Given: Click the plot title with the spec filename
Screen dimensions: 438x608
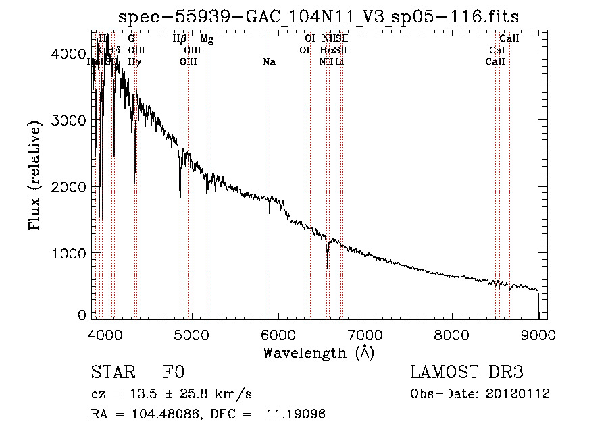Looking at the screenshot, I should click(319, 17).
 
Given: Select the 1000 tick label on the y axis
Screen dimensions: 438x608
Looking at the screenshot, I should click(70, 253).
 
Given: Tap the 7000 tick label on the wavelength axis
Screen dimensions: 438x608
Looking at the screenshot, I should click(365, 335).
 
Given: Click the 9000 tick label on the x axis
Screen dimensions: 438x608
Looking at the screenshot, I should click(538, 335).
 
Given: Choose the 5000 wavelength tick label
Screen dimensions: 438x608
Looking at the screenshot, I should click(191, 335).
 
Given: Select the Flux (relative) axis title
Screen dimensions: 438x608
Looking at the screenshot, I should click(35, 174).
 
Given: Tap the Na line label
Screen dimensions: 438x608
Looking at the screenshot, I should click(269, 62).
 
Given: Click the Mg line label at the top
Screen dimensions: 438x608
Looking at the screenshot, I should click(207, 40).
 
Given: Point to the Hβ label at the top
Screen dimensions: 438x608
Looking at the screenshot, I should click(179, 40).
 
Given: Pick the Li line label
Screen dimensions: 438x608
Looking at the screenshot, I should click(340, 62).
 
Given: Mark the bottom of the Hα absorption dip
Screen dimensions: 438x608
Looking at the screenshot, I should click(328, 268).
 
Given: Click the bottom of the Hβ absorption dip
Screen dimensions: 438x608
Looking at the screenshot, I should click(180, 211).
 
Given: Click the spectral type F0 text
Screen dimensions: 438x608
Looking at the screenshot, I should click(174, 373).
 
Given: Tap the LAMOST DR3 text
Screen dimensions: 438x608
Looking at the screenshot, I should click(466, 373).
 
